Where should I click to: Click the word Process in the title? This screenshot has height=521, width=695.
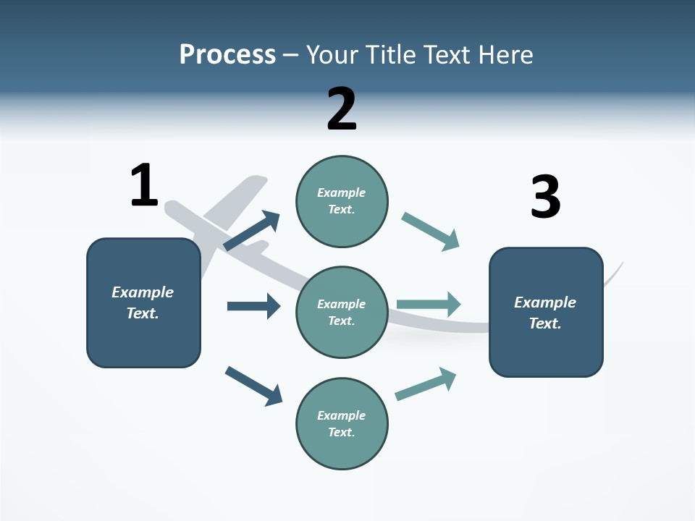click(x=227, y=54)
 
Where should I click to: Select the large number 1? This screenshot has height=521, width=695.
click(x=144, y=185)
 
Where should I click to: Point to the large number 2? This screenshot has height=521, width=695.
click(x=342, y=109)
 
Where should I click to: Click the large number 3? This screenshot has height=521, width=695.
click(x=545, y=197)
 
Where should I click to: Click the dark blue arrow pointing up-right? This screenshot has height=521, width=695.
click(x=252, y=231)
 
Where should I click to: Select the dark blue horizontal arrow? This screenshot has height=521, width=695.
click(x=253, y=306)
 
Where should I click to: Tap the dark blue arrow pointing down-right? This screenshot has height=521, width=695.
click(x=253, y=386)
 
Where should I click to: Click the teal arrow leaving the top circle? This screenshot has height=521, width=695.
click(x=430, y=232)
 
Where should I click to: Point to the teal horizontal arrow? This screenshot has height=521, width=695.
click(x=429, y=304)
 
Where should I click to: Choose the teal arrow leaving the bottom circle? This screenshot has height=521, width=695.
click(x=426, y=384)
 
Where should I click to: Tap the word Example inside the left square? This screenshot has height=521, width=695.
click(x=143, y=292)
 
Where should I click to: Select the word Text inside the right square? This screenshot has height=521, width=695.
click(x=545, y=323)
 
